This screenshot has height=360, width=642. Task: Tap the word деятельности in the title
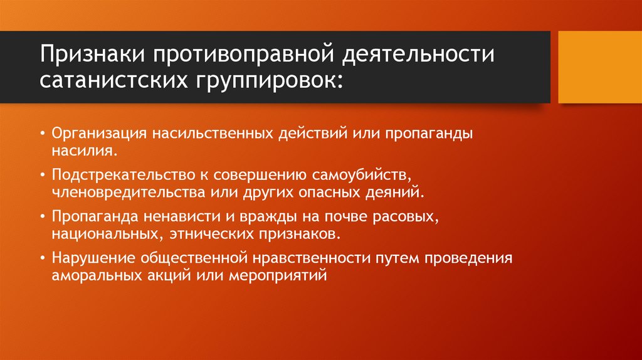[x=418, y=55]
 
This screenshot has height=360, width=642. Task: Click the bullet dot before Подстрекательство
[x=41, y=174]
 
